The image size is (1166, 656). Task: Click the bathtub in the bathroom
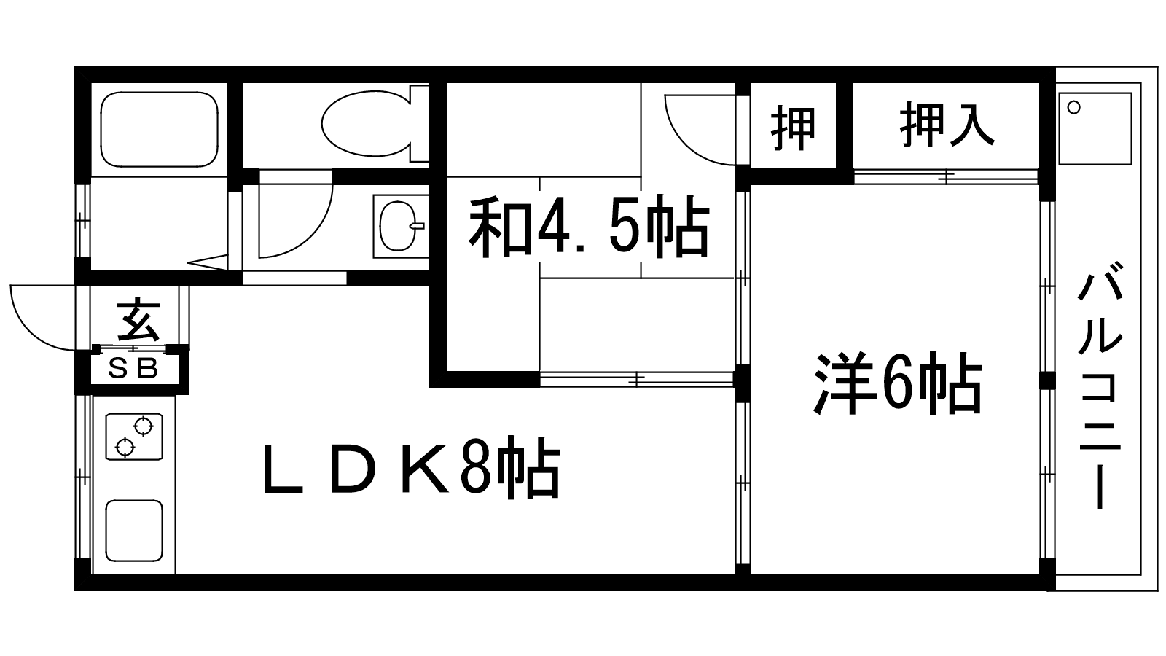click(x=159, y=130)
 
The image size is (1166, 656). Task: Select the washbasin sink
click(x=399, y=227)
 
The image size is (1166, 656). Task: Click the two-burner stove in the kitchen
click(x=134, y=437)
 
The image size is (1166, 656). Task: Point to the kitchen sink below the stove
click(x=134, y=531)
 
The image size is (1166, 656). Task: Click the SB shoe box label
click(x=133, y=370)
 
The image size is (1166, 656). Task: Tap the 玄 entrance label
click(x=138, y=318)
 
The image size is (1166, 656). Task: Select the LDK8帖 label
click(x=412, y=467)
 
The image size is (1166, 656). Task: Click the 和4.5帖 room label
click(x=589, y=227)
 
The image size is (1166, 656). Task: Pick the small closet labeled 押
click(x=794, y=125)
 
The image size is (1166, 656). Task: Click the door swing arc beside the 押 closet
click(x=700, y=130)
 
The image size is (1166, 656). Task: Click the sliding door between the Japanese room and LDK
click(x=637, y=379)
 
